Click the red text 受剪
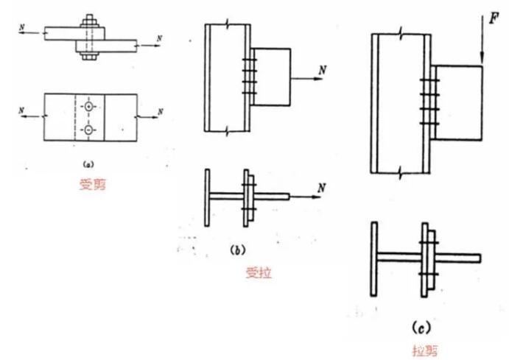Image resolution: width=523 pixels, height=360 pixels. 93,185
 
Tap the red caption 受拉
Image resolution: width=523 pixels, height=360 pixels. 259,273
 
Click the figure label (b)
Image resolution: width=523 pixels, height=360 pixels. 237,250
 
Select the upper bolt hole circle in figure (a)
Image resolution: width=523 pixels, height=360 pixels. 89,107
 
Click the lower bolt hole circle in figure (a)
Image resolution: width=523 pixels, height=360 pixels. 89,131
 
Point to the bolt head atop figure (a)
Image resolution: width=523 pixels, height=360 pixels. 89,18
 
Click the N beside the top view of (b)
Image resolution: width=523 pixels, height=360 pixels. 321,70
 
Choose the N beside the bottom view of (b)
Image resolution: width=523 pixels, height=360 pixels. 321,188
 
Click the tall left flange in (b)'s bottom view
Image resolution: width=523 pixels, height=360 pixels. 208,197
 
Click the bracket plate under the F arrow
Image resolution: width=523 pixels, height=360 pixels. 458,103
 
